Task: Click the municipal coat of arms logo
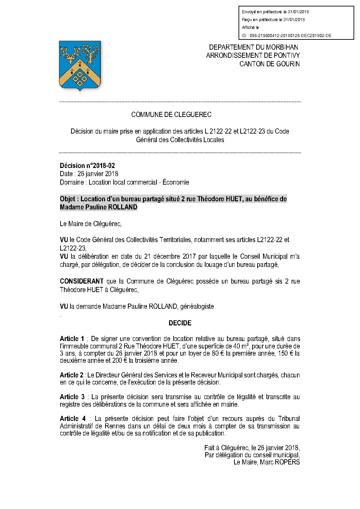(x=80, y=65)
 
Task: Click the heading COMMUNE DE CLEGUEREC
(x=171, y=115)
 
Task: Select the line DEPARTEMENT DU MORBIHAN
(x=253, y=47)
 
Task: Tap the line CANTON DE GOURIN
(x=269, y=64)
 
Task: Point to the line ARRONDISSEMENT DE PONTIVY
(x=253, y=55)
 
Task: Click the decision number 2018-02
(x=87, y=166)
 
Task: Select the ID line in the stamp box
(x=287, y=36)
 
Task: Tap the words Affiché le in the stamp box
(x=250, y=28)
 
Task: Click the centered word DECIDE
(x=180, y=323)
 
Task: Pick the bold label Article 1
(x=72, y=339)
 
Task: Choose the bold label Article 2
(x=71, y=375)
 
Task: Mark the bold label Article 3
(x=72, y=397)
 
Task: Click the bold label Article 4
(x=72, y=419)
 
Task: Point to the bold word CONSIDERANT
(x=82, y=282)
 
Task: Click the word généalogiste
(x=197, y=306)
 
